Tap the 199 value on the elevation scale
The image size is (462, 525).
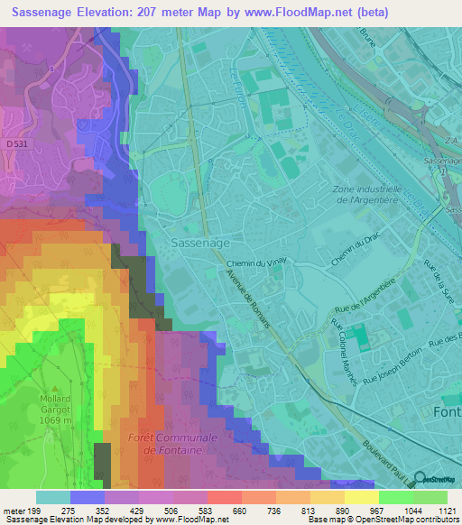[x=35, y=510]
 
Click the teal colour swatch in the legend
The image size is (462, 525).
[x=52, y=497]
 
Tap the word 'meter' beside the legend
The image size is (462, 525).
[x=13, y=510]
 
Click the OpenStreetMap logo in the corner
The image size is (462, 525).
[x=439, y=480]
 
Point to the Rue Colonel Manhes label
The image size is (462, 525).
[x=338, y=348]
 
